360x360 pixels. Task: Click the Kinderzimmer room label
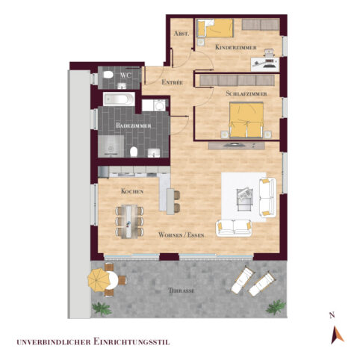(235, 48)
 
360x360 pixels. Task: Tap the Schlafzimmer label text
(240, 93)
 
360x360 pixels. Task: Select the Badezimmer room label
(134, 127)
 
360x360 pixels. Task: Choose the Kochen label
(132, 191)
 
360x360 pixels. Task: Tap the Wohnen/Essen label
(181, 235)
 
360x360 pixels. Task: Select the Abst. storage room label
(180, 34)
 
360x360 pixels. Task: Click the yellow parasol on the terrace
(99, 279)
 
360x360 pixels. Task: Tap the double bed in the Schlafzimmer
(246, 120)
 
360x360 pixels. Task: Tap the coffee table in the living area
(243, 196)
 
